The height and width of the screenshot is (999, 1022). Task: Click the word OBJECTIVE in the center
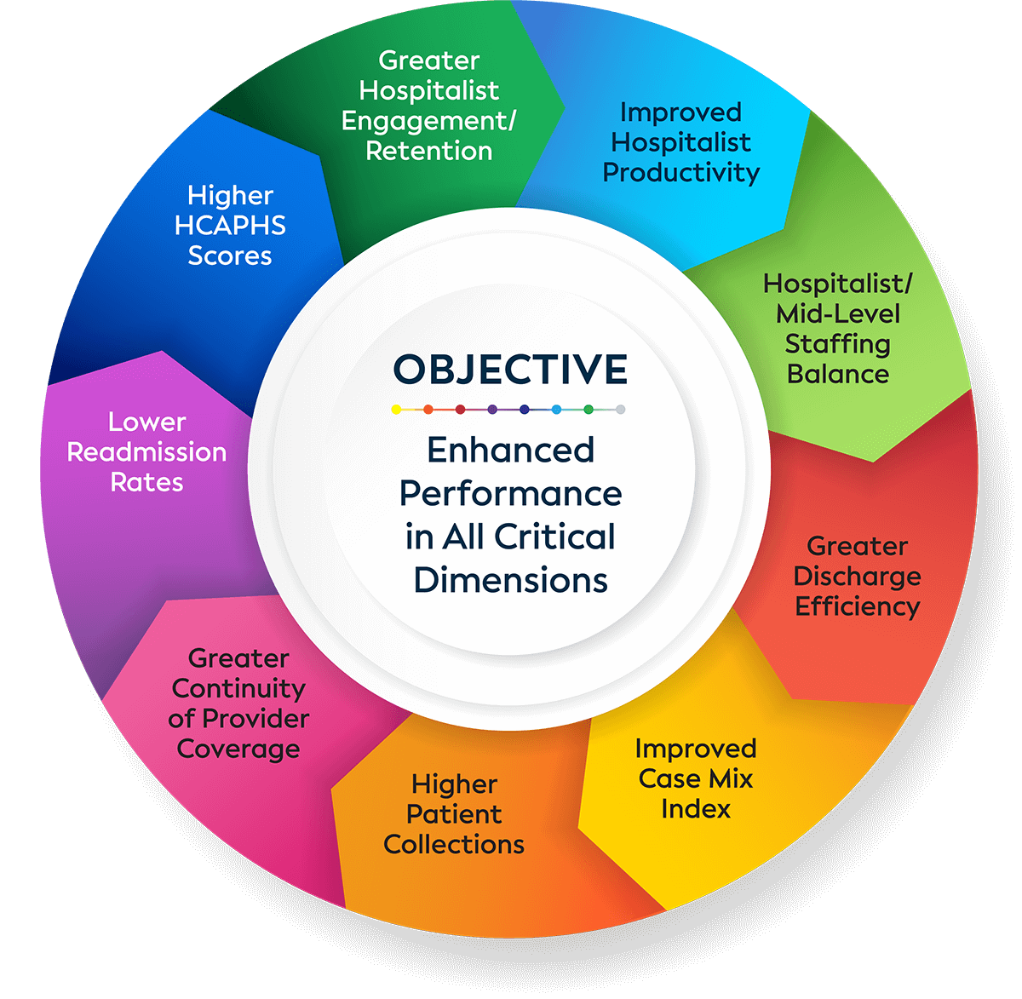(x=510, y=370)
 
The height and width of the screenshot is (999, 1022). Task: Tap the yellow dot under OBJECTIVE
(x=396, y=410)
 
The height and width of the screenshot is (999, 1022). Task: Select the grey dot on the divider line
(x=621, y=410)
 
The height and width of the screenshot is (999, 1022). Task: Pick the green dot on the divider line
(x=589, y=410)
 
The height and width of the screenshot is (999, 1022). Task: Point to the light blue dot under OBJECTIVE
(x=556, y=410)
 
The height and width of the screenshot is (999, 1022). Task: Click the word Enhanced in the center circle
(x=510, y=450)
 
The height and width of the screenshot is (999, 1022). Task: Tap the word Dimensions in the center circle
(x=510, y=580)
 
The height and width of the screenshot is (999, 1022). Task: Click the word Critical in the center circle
(x=555, y=537)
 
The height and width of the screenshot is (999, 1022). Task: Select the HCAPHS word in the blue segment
(x=230, y=226)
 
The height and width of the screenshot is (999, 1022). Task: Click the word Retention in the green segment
(x=429, y=151)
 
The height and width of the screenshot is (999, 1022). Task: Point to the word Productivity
(x=681, y=172)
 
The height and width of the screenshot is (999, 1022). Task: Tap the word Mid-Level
(x=838, y=313)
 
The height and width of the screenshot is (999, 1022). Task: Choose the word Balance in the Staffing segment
(x=838, y=374)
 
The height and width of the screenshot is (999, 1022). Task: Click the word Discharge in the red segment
(x=857, y=577)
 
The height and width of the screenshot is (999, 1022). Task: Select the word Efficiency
(x=857, y=606)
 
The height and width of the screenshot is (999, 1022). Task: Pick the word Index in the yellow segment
(x=696, y=808)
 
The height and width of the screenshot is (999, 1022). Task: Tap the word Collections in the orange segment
(x=454, y=844)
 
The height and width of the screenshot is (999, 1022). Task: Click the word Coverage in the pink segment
(x=238, y=749)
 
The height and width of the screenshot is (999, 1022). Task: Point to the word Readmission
(x=146, y=451)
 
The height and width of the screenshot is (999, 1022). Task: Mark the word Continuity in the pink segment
(x=238, y=688)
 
